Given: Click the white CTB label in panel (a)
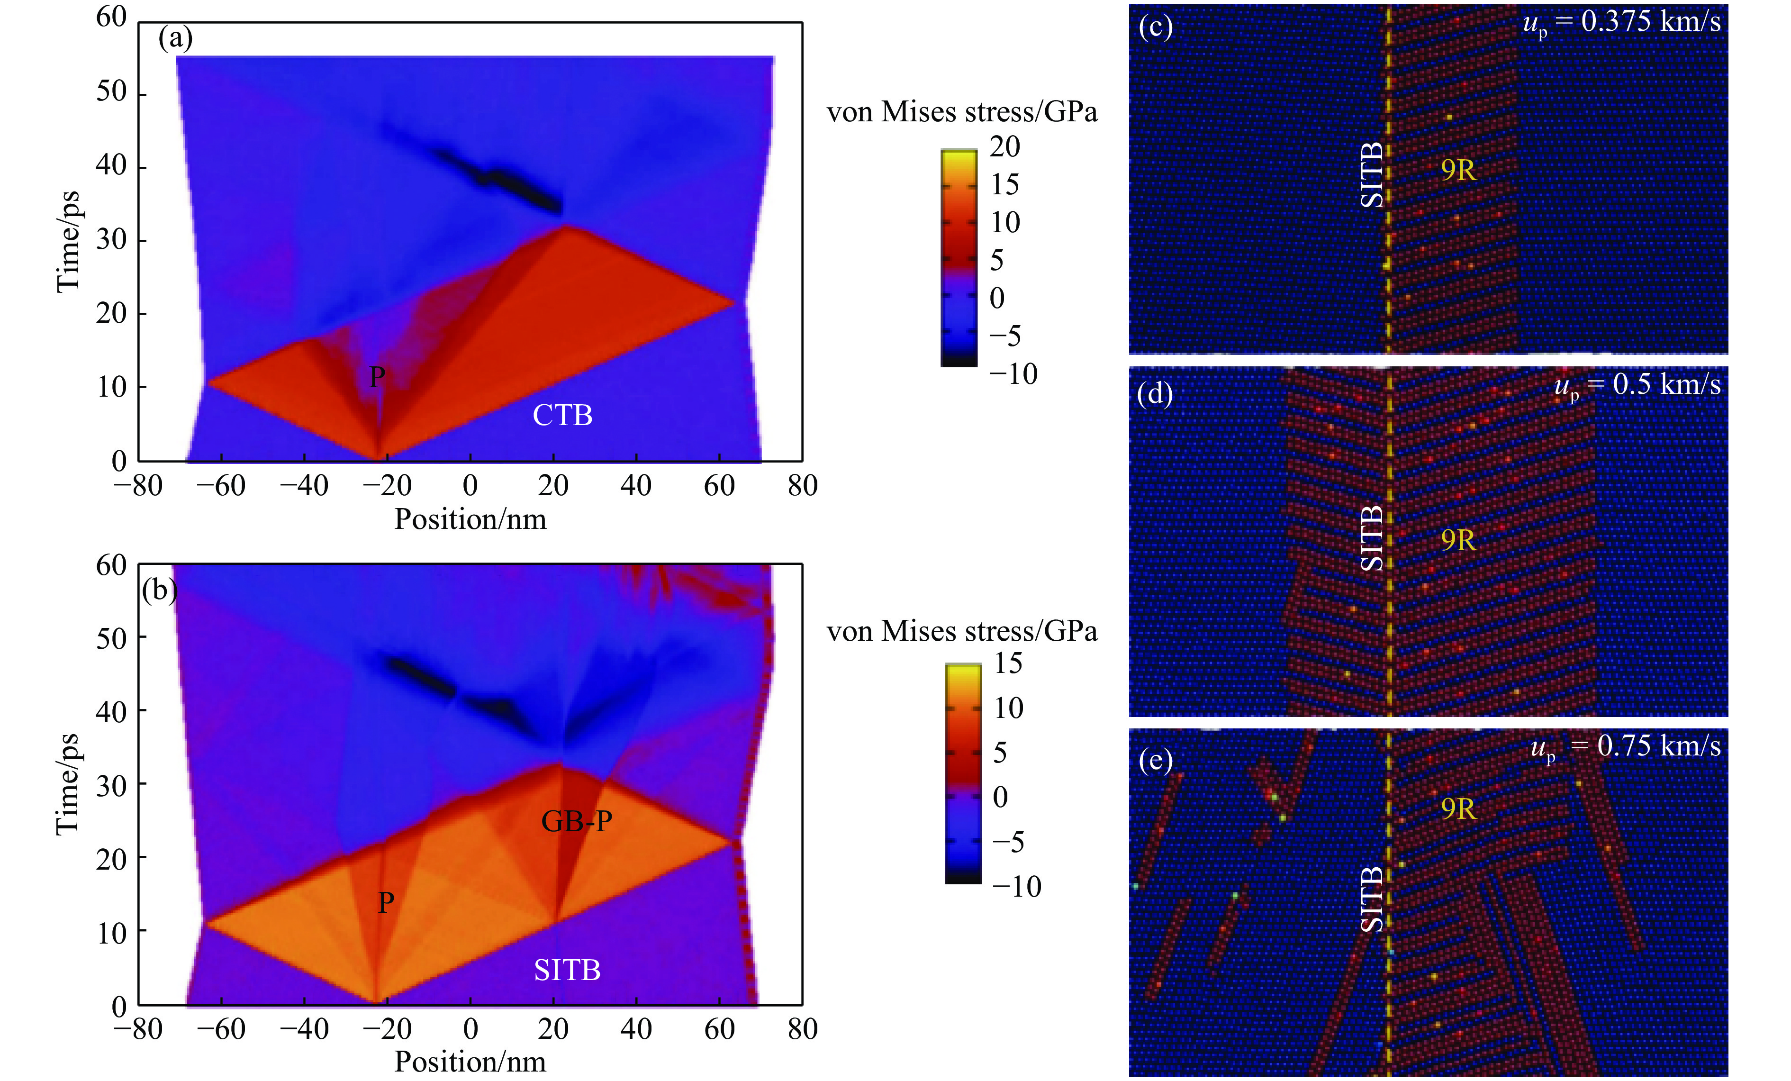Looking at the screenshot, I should tap(562, 415).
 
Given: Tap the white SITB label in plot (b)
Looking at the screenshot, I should tap(567, 970).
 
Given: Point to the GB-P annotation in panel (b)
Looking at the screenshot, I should tap(577, 821).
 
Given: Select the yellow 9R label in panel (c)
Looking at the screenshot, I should tap(1458, 170).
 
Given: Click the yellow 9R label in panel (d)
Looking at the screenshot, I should tap(1458, 540).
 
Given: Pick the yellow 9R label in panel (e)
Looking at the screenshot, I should tap(1458, 808).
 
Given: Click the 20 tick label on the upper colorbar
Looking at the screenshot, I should tap(1004, 147).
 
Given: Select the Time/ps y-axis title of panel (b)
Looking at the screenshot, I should tap(68, 784).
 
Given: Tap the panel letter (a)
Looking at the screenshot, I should tap(175, 38).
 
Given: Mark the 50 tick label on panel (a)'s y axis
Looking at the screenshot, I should tap(111, 92).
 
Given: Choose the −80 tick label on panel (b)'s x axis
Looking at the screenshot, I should tap(137, 1029).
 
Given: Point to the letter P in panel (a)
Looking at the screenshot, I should tap(377, 377).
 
